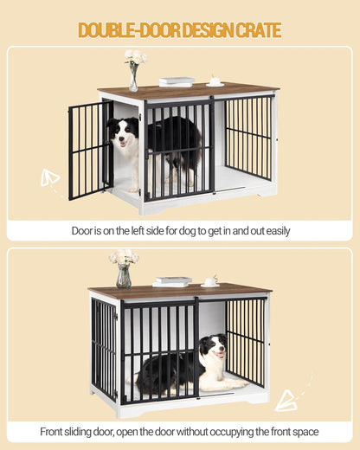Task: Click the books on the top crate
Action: [x=177, y=82]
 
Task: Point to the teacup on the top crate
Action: [x=215, y=84]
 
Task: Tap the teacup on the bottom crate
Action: [x=209, y=282]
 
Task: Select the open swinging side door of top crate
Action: [x=88, y=149]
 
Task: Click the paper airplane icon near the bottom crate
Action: [x=287, y=399]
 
